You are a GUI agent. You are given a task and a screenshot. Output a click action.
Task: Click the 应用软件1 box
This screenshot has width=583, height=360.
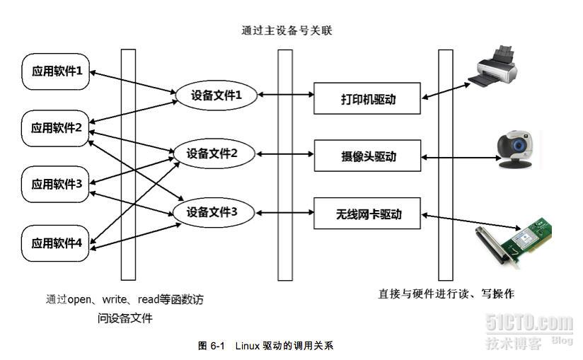click(57, 71)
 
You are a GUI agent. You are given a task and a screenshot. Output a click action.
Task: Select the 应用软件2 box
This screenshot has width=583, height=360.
click(57, 128)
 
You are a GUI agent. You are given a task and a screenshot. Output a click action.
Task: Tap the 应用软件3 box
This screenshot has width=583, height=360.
click(57, 185)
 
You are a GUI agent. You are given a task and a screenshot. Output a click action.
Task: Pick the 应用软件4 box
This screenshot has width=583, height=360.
click(57, 243)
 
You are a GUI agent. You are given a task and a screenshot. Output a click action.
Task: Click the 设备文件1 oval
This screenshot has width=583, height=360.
click(214, 95)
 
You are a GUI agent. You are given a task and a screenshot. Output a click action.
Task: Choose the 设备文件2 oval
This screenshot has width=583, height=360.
click(212, 153)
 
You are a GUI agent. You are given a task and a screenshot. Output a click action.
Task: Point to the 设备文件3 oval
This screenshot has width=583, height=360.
click(212, 211)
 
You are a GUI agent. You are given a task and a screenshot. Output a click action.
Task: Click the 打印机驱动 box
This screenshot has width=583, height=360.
click(368, 99)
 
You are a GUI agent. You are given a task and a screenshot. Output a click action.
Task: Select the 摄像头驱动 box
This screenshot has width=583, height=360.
click(368, 156)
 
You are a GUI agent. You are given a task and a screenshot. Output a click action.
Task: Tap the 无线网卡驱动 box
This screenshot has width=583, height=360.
click(368, 214)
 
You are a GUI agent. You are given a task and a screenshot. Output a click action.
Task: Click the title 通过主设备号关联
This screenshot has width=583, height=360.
click(286, 30)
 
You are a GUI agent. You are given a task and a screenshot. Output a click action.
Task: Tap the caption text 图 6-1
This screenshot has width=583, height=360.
click(212, 346)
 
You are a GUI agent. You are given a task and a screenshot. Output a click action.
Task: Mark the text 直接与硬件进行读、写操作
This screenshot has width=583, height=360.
click(446, 294)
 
